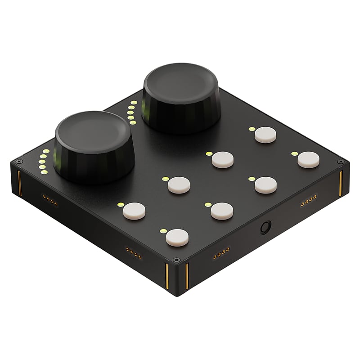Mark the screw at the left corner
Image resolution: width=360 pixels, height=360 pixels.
19,161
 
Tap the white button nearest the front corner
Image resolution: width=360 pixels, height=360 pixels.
177,238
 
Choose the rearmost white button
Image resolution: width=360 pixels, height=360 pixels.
265,135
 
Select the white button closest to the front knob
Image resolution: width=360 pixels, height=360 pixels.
134,211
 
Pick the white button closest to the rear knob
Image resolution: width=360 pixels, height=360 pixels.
222,159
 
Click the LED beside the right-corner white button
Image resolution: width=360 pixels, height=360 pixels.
294,154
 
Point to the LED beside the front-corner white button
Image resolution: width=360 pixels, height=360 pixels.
163,231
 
